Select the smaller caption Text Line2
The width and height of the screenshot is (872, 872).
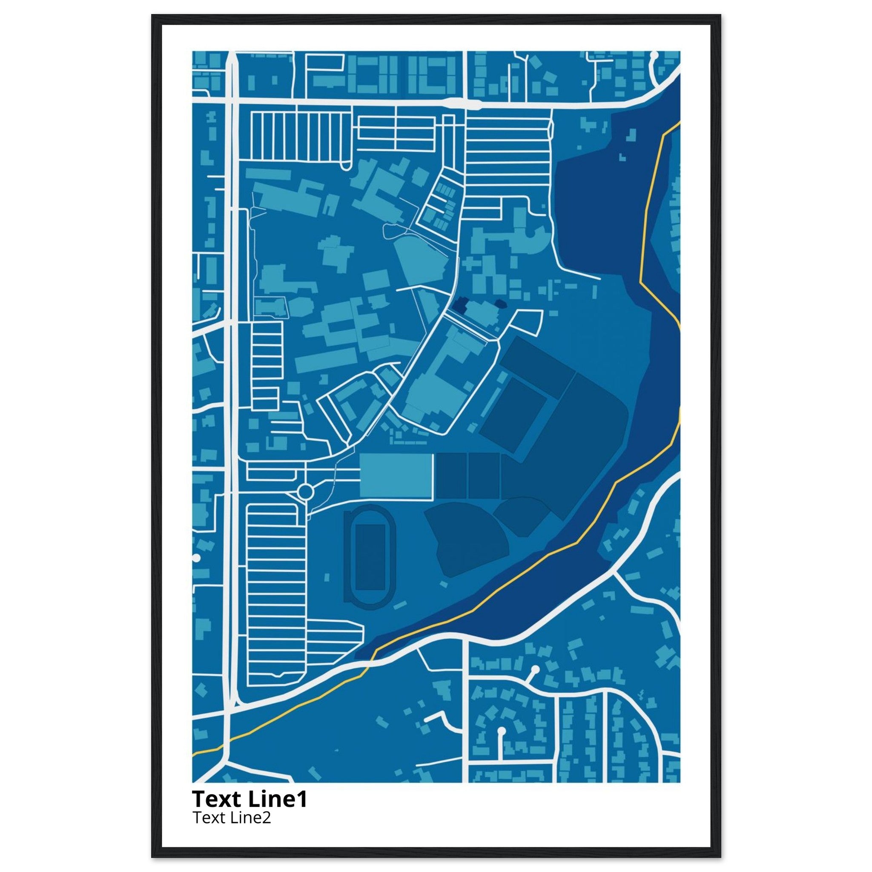pyautogui.click(x=232, y=817)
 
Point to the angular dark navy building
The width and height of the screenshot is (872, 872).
pyautogui.click(x=461, y=306)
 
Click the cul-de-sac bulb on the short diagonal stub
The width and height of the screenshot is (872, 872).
pyautogui.click(x=535, y=669)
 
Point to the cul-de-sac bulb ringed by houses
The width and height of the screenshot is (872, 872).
pyautogui.click(x=501, y=730)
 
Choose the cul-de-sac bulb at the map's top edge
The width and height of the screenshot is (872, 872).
pyautogui.click(x=654, y=55)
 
